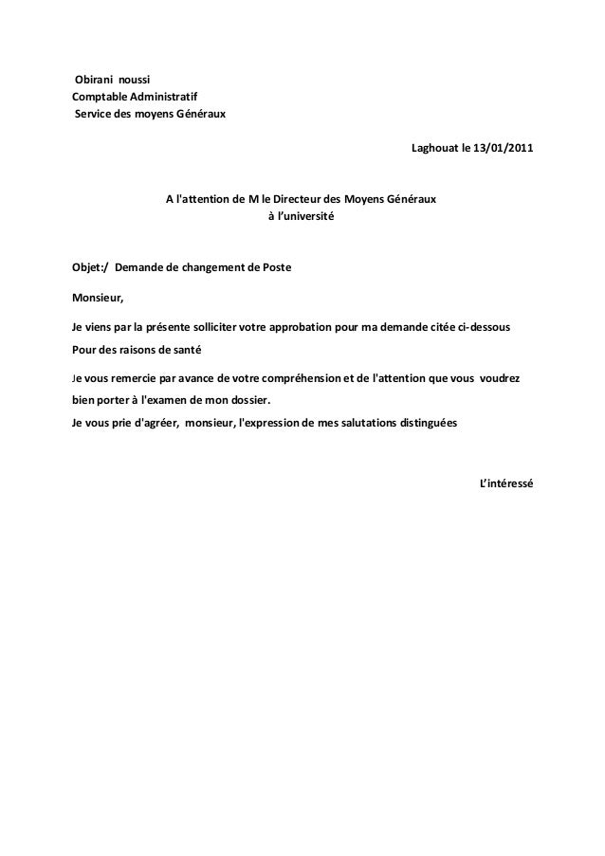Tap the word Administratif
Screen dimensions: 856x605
tap(164, 96)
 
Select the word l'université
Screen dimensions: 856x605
tap(306, 217)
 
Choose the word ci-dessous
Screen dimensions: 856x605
tap(485, 327)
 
